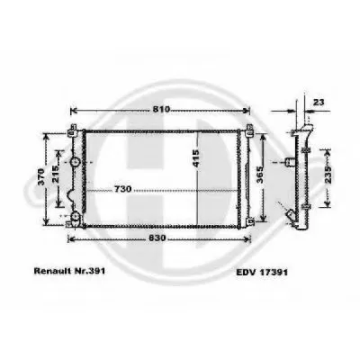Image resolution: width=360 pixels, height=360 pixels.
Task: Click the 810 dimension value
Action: point(161,110)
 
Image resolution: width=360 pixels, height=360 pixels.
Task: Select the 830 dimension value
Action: point(157,238)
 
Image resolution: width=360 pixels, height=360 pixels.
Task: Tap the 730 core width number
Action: point(122,189)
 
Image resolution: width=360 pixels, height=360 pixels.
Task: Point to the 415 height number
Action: point(195,157)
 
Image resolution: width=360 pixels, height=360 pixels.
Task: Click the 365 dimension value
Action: point(260,175)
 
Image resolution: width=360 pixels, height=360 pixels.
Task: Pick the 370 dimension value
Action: point(41,177)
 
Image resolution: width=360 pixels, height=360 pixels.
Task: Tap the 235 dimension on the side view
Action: point(328,175)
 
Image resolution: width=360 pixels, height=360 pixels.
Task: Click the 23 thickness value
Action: point(319,103)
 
